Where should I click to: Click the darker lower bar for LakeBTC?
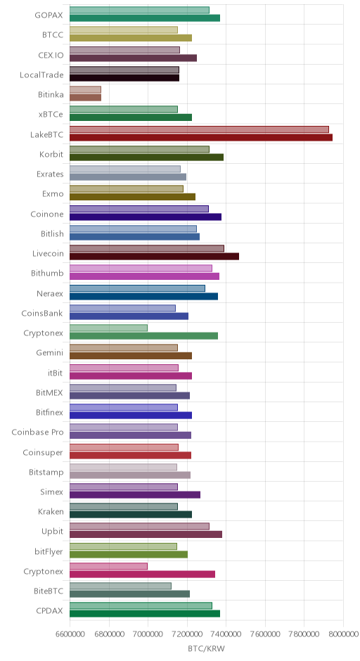200,137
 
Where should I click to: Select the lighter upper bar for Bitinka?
85,89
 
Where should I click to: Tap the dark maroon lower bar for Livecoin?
154,257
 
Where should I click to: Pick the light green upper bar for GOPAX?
139,10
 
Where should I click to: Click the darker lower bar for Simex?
135,495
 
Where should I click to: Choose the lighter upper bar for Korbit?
139,149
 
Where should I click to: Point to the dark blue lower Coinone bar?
146,217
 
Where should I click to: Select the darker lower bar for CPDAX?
145,614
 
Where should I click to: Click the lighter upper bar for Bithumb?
141,269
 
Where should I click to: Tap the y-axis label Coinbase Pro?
37,432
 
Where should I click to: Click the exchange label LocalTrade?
41,75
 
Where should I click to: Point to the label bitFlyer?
49,551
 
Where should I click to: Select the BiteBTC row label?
49,591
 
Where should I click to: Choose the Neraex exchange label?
50,293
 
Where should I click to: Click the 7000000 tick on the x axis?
148,634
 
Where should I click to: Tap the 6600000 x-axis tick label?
70,634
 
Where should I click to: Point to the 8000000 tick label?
343,634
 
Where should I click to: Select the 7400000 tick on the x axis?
226,634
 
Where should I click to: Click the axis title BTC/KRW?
207,649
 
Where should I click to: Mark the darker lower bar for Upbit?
146,534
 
